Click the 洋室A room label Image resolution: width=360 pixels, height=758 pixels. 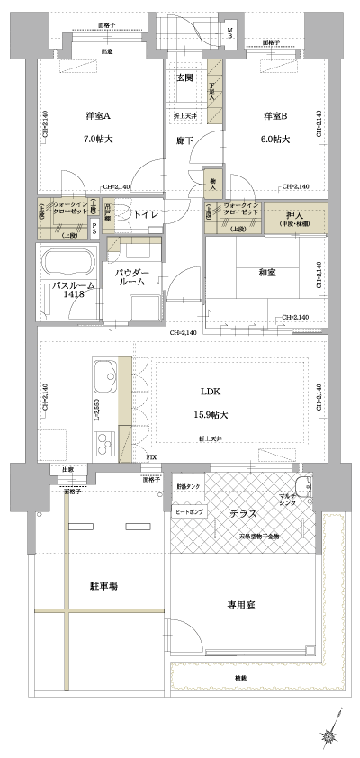pyautogui.click(x=98, y=117)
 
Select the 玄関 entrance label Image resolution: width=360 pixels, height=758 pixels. pyautogui.click(x=184, y=78)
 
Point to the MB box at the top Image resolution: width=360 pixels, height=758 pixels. pyautogui.click(x=230, y=34)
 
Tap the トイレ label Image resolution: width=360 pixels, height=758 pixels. pyautogui.click(x=145, y=214)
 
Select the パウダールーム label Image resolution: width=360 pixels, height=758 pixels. pyautogui.click(x=135, y=275)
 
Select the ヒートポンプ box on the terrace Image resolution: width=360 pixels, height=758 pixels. pyautogui.click(x=189, y=510)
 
